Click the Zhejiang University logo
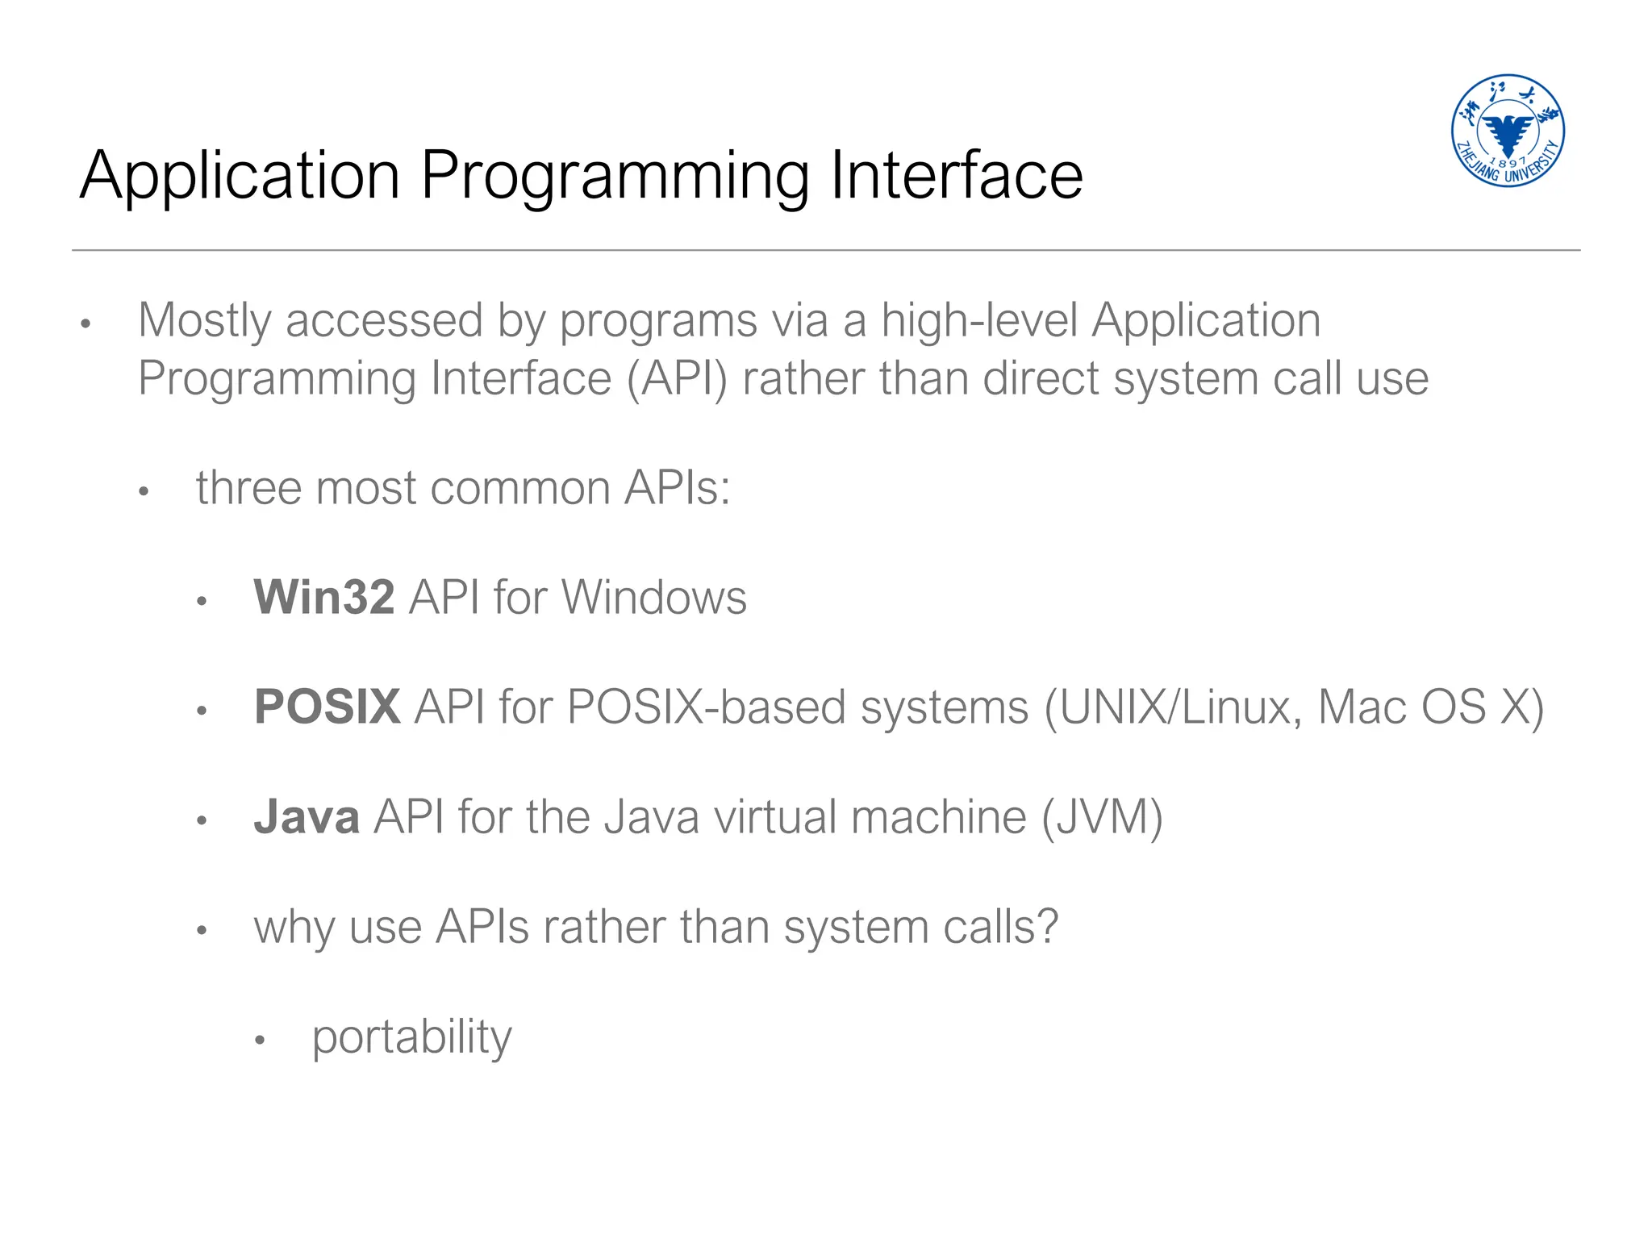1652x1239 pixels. [1507, 131]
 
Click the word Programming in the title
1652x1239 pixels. [615, 177]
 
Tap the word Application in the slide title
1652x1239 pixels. [240, 177]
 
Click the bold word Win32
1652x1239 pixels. [324, 598]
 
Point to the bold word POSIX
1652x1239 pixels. [327, 707]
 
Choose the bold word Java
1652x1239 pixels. [307, 817]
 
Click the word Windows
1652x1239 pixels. [654, 598]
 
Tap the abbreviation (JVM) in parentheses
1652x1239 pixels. [1102, 817]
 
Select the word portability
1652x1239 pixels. [411, 1038]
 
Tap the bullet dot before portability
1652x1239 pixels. [260, 1041]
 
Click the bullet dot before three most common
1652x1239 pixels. [144, 491]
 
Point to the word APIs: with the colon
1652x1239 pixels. [678, 488]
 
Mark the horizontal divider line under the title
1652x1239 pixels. [826, 250]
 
